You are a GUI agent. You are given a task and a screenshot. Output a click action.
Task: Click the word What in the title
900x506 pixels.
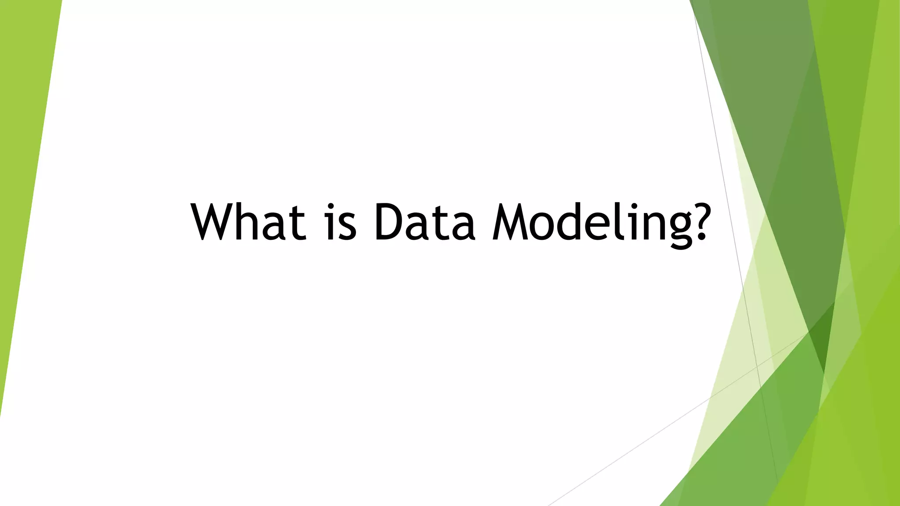[x=248, y=222]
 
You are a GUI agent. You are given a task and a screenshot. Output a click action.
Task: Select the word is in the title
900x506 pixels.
[x=341, y=222]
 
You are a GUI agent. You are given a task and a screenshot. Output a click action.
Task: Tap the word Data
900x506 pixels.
[x=425, y=222]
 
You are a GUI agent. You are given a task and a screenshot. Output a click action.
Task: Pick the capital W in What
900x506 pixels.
[x=214, y=222]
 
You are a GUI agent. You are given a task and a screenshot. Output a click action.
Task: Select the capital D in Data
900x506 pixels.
[x=389, y=222]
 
